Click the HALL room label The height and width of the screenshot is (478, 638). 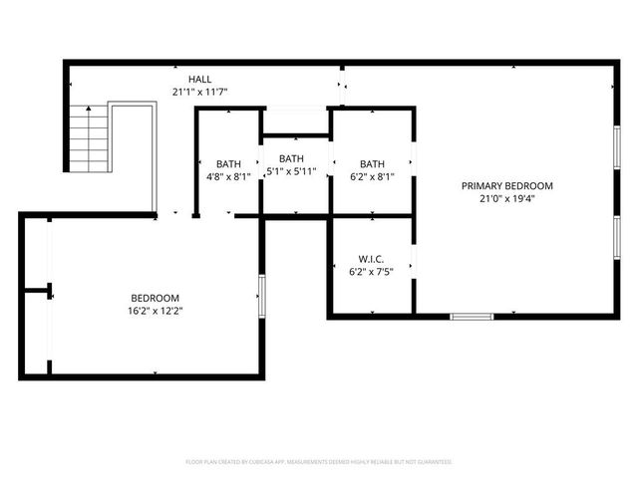199,79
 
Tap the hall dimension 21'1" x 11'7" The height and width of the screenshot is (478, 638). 199,92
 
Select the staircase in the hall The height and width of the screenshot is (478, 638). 88,139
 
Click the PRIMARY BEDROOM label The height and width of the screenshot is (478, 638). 506,185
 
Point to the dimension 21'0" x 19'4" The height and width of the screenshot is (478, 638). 506,198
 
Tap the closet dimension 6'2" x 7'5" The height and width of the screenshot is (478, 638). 371,271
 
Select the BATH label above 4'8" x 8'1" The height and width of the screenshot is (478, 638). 228,164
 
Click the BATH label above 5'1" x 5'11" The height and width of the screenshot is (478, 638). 291,158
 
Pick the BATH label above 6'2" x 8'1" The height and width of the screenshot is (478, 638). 372,164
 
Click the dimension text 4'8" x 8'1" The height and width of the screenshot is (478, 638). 228,177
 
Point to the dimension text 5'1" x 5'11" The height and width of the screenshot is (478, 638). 291,171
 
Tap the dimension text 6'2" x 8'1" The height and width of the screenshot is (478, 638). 372,177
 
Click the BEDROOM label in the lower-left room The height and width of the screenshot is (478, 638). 155,298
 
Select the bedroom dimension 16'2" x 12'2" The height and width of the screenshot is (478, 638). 155,311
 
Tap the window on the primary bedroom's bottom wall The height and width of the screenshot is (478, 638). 471,317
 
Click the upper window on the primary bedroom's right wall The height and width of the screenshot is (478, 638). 617,149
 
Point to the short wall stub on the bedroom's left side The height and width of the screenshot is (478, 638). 38,292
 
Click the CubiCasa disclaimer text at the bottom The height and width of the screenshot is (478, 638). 319,462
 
